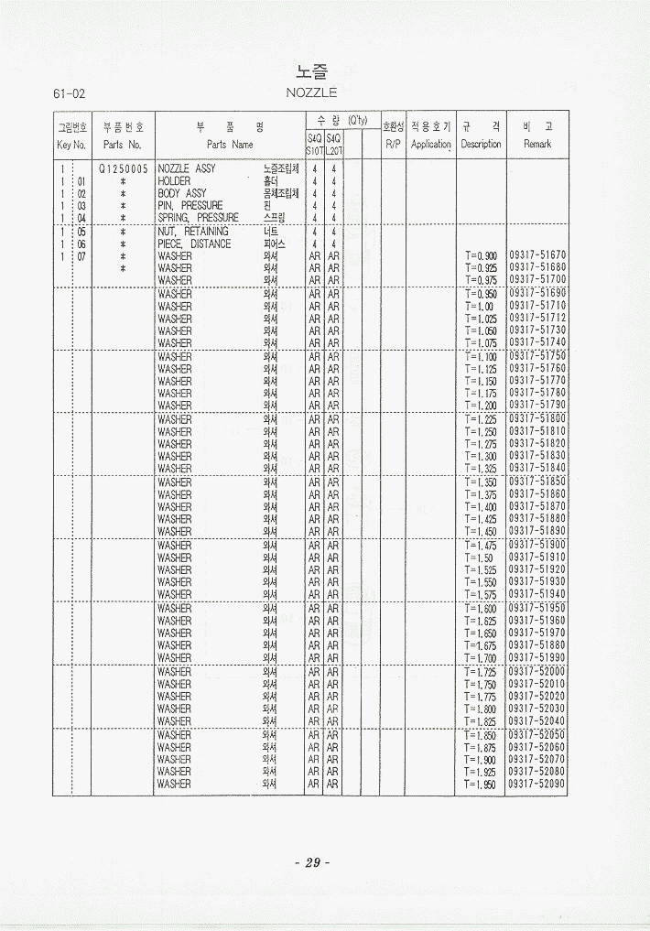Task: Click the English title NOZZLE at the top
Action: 311,92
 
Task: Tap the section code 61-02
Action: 70,93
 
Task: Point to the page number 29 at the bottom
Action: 311,861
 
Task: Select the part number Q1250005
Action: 123,169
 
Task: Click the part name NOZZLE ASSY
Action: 187,169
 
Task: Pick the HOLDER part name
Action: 174,181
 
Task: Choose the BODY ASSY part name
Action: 182,194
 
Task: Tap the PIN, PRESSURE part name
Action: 190,206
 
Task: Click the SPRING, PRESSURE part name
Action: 198,218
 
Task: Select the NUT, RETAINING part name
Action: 193,232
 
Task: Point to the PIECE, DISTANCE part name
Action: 194,244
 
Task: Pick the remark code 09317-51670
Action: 537,254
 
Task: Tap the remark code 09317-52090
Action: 537,784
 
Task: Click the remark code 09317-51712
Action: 537,318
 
